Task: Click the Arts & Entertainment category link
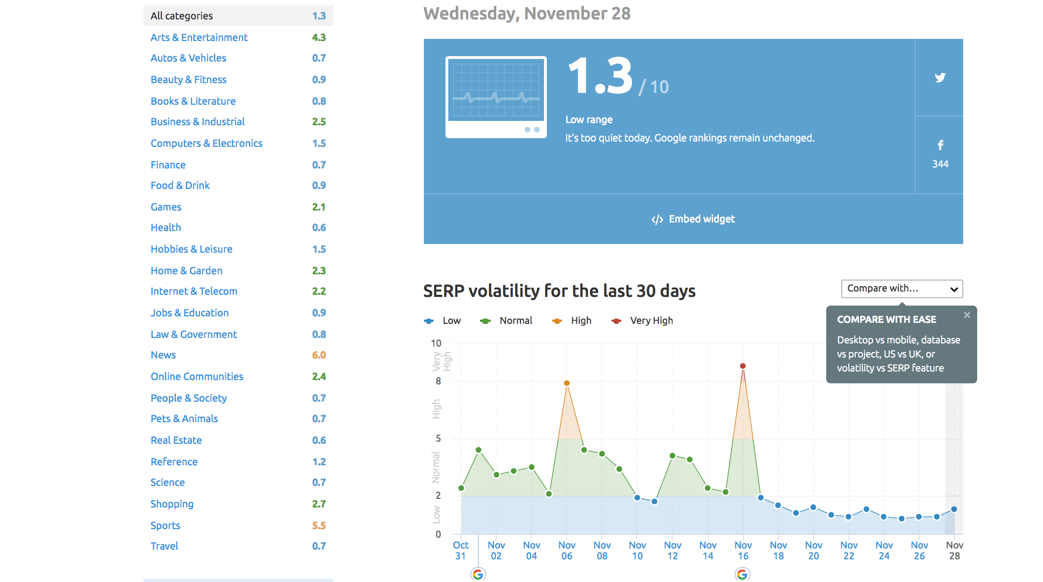tap(199, 37)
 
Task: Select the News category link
tap(163, 355)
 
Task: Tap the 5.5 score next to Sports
tap(319, 525)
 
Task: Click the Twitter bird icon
tap(940, 78)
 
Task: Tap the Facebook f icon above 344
tap(940, 145)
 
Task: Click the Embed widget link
tap(694, 219)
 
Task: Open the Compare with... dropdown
tap(902, 289)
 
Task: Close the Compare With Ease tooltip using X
tap(967, 315)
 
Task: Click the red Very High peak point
tap(743, 366)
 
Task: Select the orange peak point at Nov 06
tap(567, 383)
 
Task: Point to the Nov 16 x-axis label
tap(743, 550)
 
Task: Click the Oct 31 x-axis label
tap(460, 550)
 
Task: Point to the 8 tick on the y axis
tap(438, 381)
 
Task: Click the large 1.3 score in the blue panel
tap(600, 76)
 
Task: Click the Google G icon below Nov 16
tap(743, 574)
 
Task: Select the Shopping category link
tap(171, 504)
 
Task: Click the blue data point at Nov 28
tap(954, 509)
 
